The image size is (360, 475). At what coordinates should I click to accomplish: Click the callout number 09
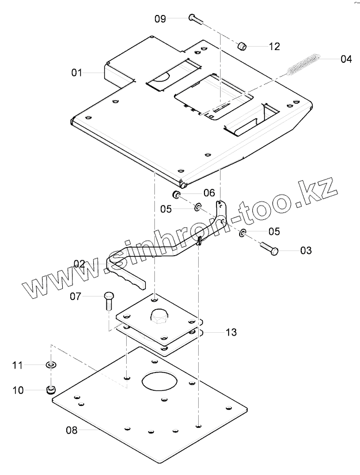pos(160,18)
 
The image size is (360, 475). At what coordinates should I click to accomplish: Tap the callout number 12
pos(274,47)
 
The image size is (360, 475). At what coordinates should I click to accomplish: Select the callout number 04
pos(345,58)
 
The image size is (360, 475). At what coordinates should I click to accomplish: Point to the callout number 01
pos(77,73)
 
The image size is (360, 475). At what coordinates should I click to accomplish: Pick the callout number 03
pos(305,250)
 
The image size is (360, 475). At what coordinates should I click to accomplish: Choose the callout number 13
pos(231,332)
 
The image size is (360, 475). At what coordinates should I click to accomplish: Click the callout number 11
pos(18,365)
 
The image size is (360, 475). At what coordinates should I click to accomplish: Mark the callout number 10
pos(18,390)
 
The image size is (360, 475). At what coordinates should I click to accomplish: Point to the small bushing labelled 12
pos(243,45)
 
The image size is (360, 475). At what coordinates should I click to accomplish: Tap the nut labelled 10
pos(51,390)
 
